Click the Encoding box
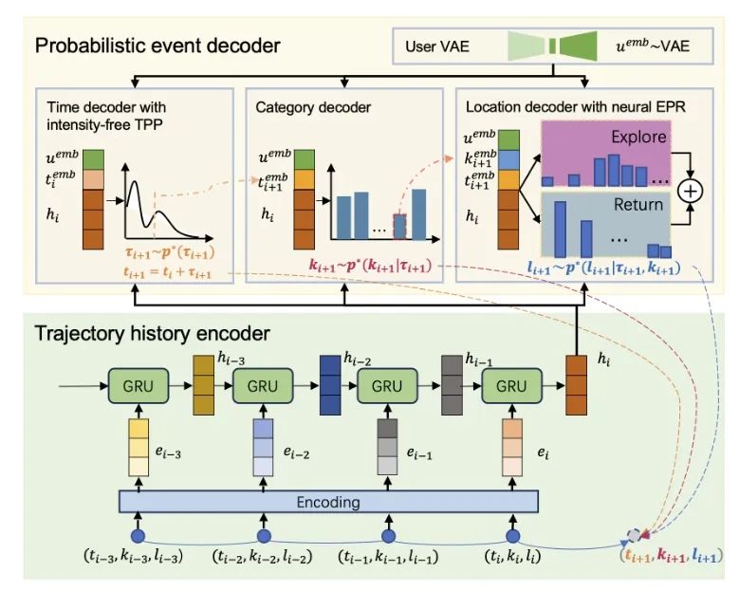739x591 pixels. click(327, 500)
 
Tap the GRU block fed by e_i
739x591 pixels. click(510, 386)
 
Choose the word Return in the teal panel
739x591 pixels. click(637, 203)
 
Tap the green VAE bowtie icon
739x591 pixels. click(551, 45)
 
